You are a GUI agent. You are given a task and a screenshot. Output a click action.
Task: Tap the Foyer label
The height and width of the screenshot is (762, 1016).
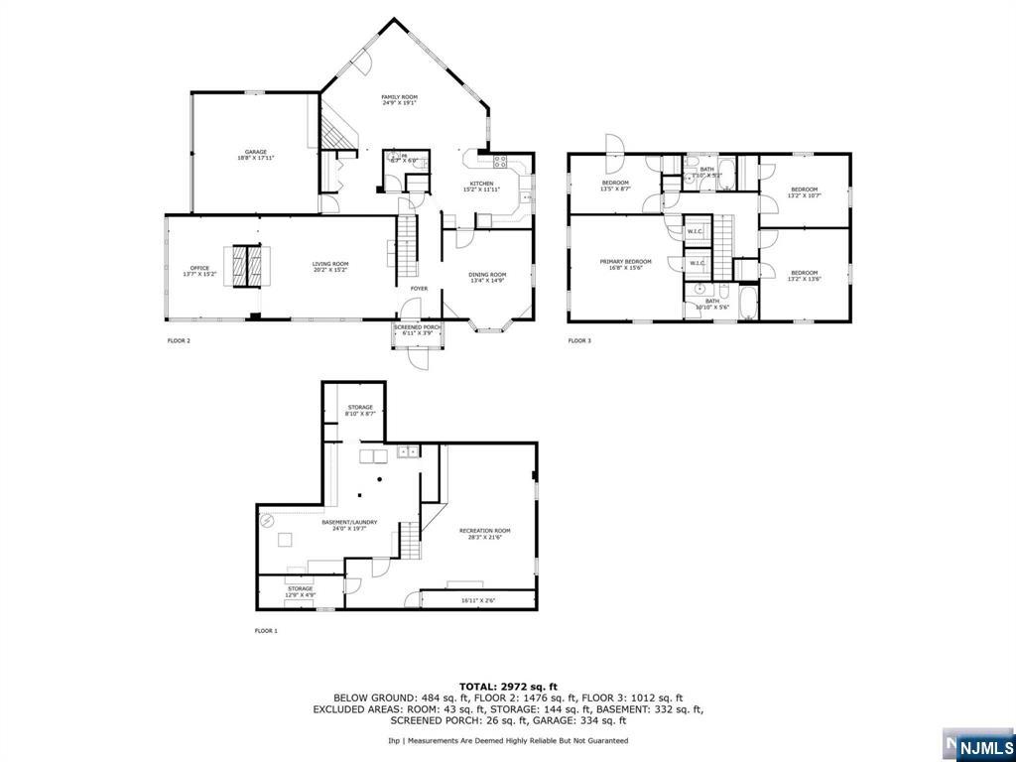pyautogui.click(x=419, y=289)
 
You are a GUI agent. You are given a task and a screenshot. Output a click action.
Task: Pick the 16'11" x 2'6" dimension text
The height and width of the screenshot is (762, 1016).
pyautogui.click(x=477, y=599)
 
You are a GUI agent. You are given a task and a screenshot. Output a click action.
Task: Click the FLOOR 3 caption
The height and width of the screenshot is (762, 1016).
pyautogui.click(x=579, y=340)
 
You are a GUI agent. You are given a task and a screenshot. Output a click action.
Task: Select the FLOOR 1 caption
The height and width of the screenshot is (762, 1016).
pyautogui.click(x=267, y=631)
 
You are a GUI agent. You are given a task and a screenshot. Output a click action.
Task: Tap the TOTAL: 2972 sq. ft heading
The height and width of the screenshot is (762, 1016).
pyautogui.click(x=508, y=687)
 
